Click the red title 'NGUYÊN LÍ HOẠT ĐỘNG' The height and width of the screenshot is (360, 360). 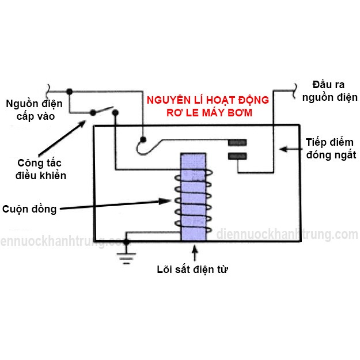click(x=208, y=100)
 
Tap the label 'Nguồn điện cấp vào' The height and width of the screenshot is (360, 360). click(x=34, y=110)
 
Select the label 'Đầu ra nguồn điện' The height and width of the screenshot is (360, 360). click(x=329, y=91)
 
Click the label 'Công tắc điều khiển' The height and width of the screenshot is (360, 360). click(x=41, y=169)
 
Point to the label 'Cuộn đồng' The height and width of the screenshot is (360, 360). click(x=29, y=209)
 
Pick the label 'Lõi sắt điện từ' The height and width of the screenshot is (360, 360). click(x=192, y=269)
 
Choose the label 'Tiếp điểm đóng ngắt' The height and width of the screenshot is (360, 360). click(x=331, y=149)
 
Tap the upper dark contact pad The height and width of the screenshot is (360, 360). click(x=237, y=142)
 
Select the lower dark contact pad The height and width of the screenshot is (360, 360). click(x=237, y=156)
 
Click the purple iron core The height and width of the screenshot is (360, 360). click(x=194, y=197)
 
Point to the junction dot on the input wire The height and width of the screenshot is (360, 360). click(x=69, y=92)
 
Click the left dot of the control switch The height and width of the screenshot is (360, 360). click(x=93, y=112)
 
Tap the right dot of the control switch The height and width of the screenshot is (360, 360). click(x=115, y=112)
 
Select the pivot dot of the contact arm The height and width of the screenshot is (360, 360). click(x=143, y=139)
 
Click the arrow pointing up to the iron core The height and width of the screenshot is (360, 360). click(x=195, y=253)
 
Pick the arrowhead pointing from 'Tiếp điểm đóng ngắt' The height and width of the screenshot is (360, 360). click(x=283, y=149)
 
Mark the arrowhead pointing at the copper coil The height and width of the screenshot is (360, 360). click(x=165, y=201)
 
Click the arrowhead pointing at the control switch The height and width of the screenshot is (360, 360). click(x=81, y=124)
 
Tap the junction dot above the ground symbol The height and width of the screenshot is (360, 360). click(x=126, y=241)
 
